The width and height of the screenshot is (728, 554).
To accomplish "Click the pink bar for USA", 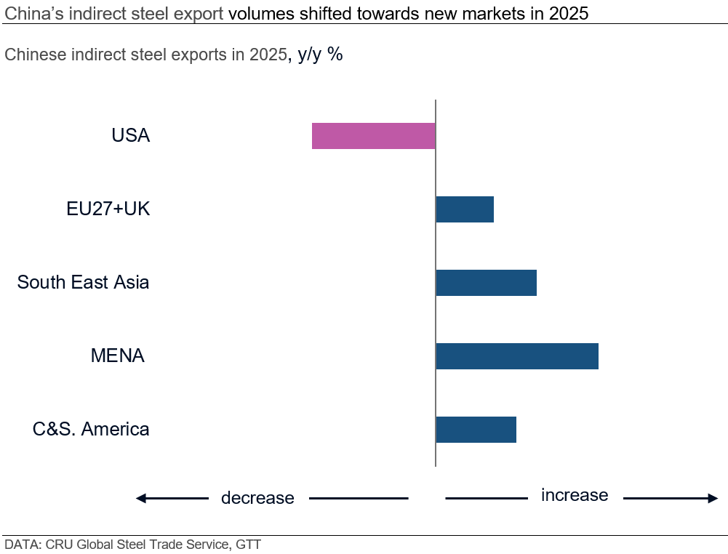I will [x=373, y=136].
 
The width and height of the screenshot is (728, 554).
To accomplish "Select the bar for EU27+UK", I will [x=465, y=209].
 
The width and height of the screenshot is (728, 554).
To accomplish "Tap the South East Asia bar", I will [x=486, y=282].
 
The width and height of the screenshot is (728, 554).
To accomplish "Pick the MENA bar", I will [x=517, y=356].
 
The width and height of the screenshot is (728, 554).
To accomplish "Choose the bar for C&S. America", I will [x=476, y=429].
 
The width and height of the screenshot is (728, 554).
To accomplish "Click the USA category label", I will [x=131, y=136].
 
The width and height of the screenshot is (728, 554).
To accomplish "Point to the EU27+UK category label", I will [x=108, y=209].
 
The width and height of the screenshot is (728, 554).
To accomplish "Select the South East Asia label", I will [x=83, y=282].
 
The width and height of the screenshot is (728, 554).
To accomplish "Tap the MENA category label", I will [x=117, y=356].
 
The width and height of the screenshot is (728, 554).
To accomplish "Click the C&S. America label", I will [x=91, y=429].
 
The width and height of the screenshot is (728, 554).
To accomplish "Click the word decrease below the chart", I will [x=257, y=498].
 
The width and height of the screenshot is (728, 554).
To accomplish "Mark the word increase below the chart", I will [x=575, y=495].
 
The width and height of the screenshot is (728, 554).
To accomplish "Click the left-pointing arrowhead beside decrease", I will [x=142, y=498].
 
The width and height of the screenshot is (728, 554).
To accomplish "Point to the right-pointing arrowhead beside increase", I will [x=712, y=498].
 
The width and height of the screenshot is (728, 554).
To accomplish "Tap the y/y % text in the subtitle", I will [x=320, y=55].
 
